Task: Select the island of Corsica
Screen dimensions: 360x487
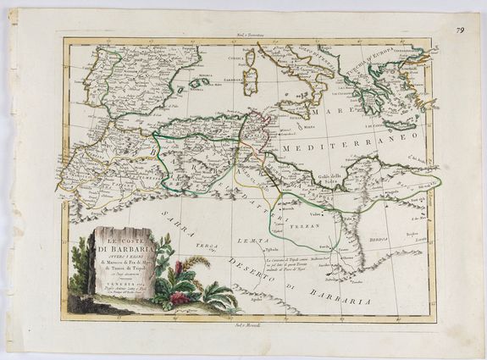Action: pos(249,58)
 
